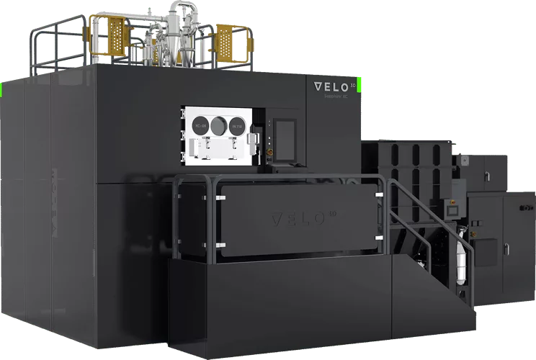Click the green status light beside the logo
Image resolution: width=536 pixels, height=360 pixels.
coord(360,85)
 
